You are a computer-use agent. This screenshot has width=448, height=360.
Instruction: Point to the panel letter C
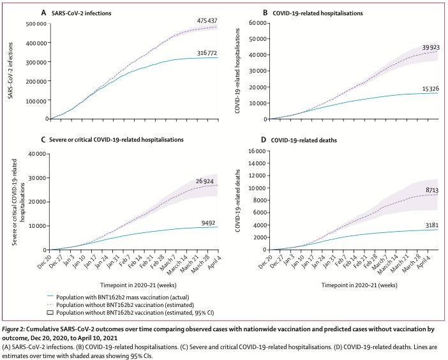click(x=43, y=139)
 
